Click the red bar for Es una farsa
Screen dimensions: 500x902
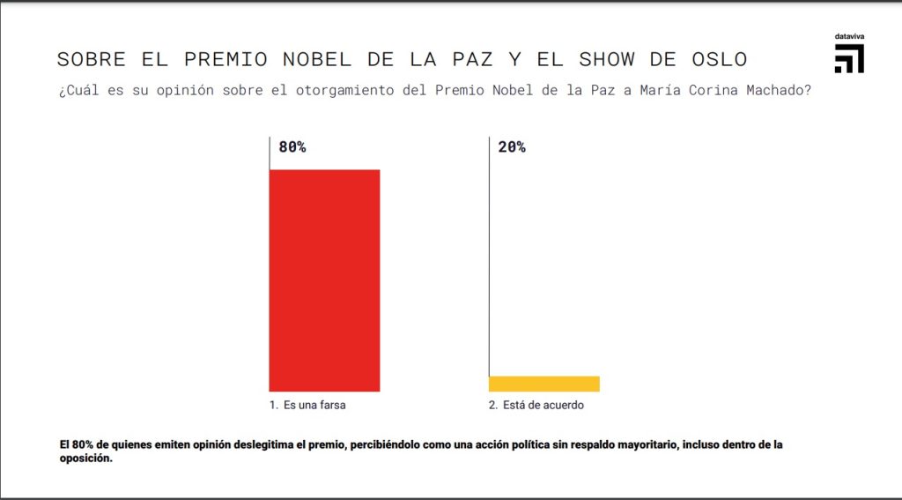coord(324,280)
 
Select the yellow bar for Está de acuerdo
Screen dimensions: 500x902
coord(544,384)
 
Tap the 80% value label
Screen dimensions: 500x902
coord(292,147)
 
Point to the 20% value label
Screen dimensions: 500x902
coord(512,147)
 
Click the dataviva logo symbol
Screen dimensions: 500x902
coord(849,58)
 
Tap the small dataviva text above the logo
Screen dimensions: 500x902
coord(849,36)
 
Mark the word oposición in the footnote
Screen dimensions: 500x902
coord(85,459)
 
